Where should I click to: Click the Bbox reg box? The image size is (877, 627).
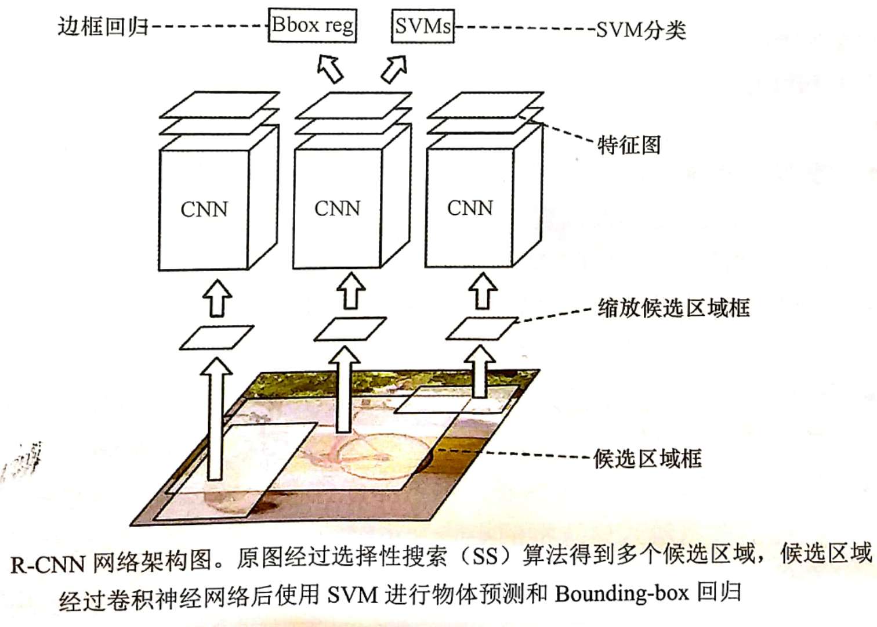(x=312, y=26)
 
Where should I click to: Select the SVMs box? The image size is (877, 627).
(x=422, y=26)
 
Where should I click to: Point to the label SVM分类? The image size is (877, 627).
(x=641, y=30)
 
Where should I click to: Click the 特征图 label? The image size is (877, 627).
(x=629, y=145)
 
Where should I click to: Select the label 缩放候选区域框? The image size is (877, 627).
(x=674, y=308)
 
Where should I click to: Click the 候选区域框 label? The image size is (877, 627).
(x=647, y=459)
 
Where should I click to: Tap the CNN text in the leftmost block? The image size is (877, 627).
(x=204, y=209)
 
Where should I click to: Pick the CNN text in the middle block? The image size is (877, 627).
(x=337, y=208)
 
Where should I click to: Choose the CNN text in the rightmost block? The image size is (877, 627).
(x=470, y=207)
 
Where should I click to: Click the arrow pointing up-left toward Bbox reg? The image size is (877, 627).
(x=330, y=68)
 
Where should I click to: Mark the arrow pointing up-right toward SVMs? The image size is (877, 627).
(x=394, y=69)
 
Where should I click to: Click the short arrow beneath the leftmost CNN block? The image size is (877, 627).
(x=218, y=298)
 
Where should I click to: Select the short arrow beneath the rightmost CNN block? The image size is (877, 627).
(x=483, y=291)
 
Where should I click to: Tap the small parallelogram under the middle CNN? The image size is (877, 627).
(x=350, y=329)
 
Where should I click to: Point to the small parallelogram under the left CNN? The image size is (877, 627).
(x=216, y=338)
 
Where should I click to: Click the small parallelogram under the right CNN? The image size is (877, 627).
(x=481, y=329)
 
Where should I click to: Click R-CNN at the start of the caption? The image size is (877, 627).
(x=48, y=564)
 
